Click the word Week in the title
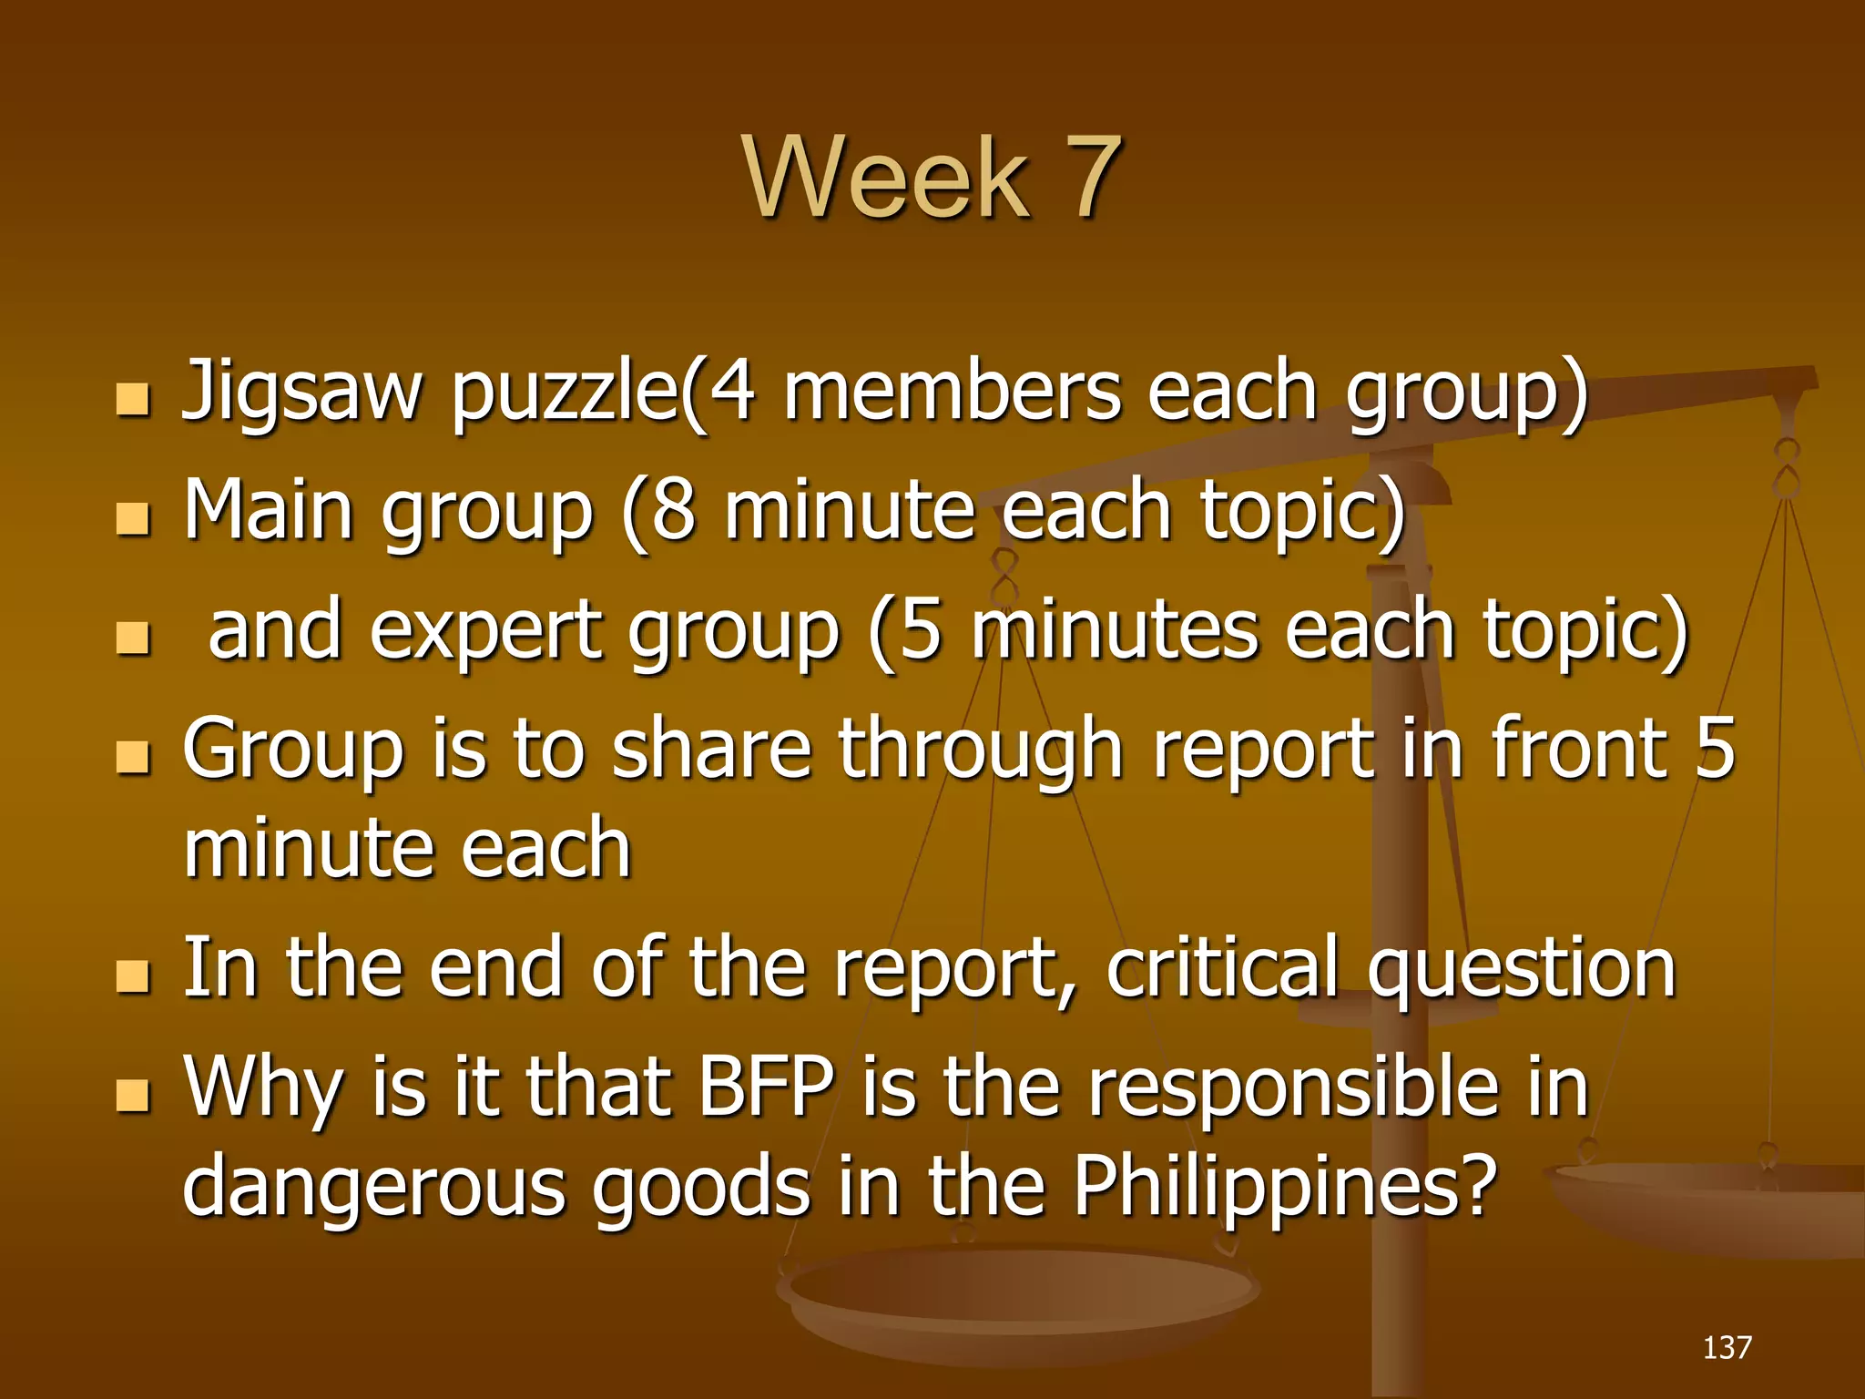point(887,178)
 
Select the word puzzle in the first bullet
point(565,393)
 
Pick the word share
point(710,749)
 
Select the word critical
point(1221,967)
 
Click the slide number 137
point(1727,1347)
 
